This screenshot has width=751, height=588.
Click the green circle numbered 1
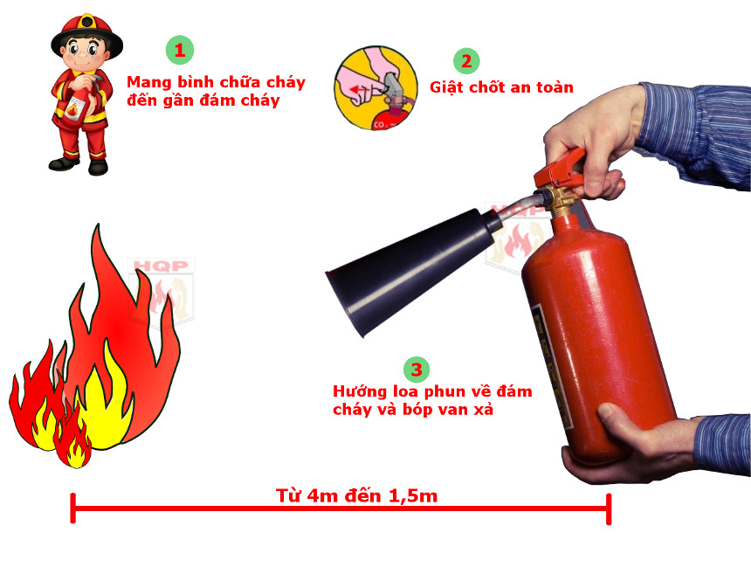click(179, 50)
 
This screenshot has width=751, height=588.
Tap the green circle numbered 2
click(466, 60)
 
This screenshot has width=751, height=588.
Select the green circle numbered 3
click(417, 369)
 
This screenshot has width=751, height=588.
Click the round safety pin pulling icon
click(374, 89)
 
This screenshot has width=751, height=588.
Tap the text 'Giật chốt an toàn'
click(501, 87)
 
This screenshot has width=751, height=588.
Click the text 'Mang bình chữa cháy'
click(216, 82)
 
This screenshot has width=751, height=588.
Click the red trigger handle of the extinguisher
click(559, 165)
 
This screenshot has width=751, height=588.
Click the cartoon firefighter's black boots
click(79, 164)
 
